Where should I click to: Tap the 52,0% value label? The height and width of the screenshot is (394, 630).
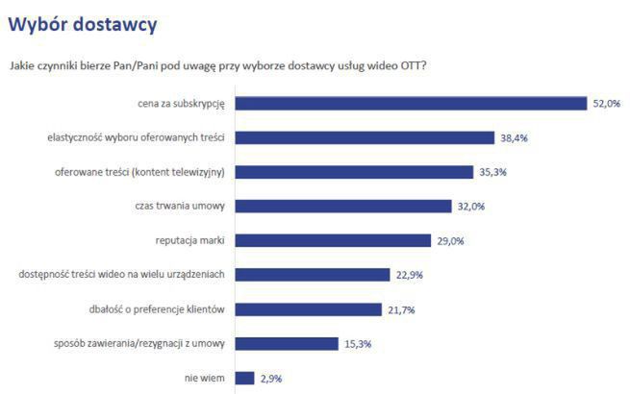point(606,104)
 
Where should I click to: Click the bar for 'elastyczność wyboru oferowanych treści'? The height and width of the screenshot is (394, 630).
point(365,138)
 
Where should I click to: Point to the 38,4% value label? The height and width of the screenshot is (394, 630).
point(514,138)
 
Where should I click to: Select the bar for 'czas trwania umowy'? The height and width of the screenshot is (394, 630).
point(342,207)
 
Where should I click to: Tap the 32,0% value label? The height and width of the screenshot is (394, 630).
point(470,207)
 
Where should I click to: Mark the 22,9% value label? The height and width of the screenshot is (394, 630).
point(409,275)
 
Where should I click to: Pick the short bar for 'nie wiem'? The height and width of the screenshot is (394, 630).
point(244,378)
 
